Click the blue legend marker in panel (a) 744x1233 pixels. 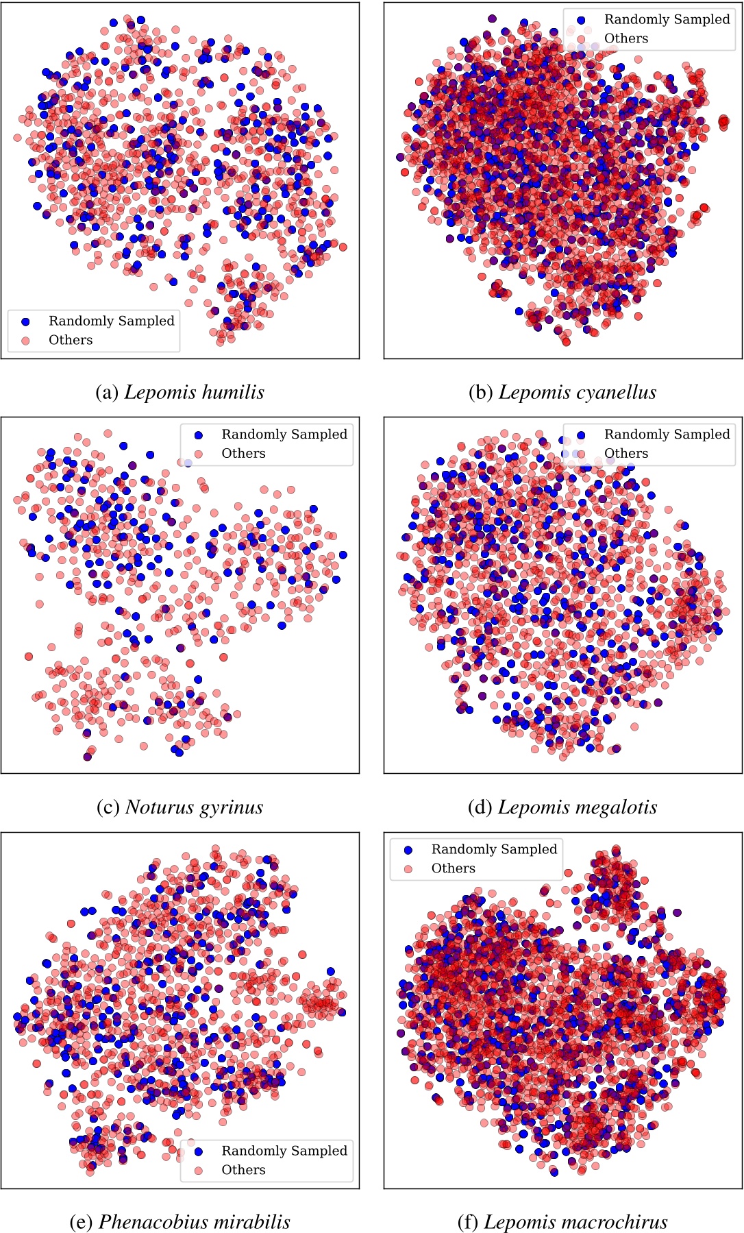coord(26,321)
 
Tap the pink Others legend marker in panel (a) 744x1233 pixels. coord(26,340)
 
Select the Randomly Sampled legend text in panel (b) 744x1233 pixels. coord(667,19)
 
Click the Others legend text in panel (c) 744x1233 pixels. coord(243,453)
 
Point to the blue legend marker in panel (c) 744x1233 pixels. coord(199,435)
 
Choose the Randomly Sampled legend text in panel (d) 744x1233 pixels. coord(667,434)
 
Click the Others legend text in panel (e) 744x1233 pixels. coord(243,1169)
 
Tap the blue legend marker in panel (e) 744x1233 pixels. coord(199,1151)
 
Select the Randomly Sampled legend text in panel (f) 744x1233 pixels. coord(494,849)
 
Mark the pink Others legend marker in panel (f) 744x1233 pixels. coord(408,868)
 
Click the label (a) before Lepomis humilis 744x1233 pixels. coord(108,392)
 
